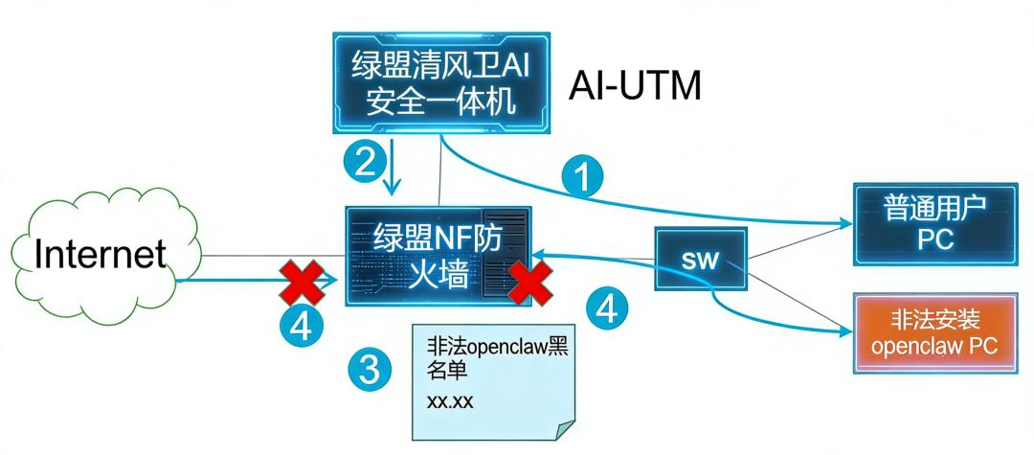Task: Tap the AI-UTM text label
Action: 636,85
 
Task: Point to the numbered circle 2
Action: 363,159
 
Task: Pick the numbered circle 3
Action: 371,367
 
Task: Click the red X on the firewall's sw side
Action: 528,284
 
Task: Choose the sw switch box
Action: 699,260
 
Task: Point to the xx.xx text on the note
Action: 450,401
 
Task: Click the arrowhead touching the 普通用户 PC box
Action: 848,223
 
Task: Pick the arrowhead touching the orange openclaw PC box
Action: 848,333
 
